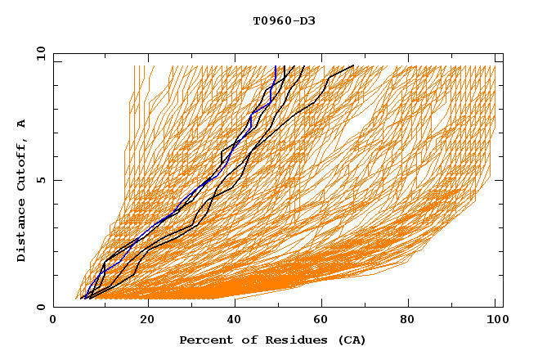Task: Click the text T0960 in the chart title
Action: click(271, 20)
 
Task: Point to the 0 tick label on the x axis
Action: click(54, 321)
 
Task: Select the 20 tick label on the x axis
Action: click(147, 321)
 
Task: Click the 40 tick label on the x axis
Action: click(235, 321)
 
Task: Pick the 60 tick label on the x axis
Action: click(323, 321)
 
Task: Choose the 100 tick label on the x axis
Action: click(496, 321)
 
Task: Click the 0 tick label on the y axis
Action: click(40, 307)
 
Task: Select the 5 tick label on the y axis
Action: click(40, 180)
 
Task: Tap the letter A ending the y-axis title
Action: click(22, 123)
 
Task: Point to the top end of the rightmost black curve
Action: click(353, 65)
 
